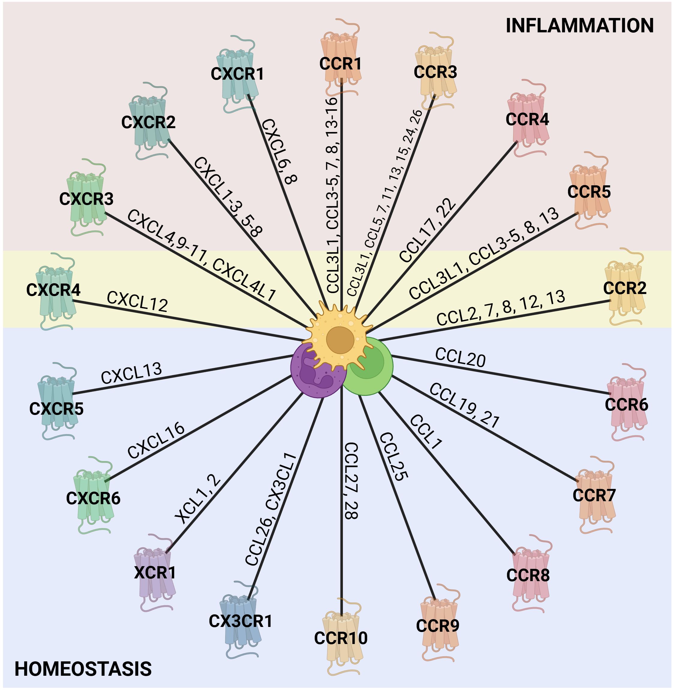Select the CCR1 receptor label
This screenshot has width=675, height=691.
tap(340, 64)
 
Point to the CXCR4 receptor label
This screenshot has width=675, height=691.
tap(53, 290)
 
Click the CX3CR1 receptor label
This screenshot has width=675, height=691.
tap(240, 621)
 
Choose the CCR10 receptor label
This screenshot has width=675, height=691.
tap(341, 638)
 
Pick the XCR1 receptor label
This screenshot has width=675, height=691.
tap(155, 573)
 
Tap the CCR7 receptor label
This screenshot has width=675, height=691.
tap(594, 495)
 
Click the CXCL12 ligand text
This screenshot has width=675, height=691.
tap(137, 302)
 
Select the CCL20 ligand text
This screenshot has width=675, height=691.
tap(460, 357)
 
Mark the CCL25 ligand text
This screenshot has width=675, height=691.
tap(394, 457)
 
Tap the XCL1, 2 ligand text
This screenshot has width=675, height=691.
tap(198, 499)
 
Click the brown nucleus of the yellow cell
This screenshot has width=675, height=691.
tap(340, 340)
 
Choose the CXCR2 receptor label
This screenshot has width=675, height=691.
tap(148, 122)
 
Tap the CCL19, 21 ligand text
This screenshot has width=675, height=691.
tap(464, 406)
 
